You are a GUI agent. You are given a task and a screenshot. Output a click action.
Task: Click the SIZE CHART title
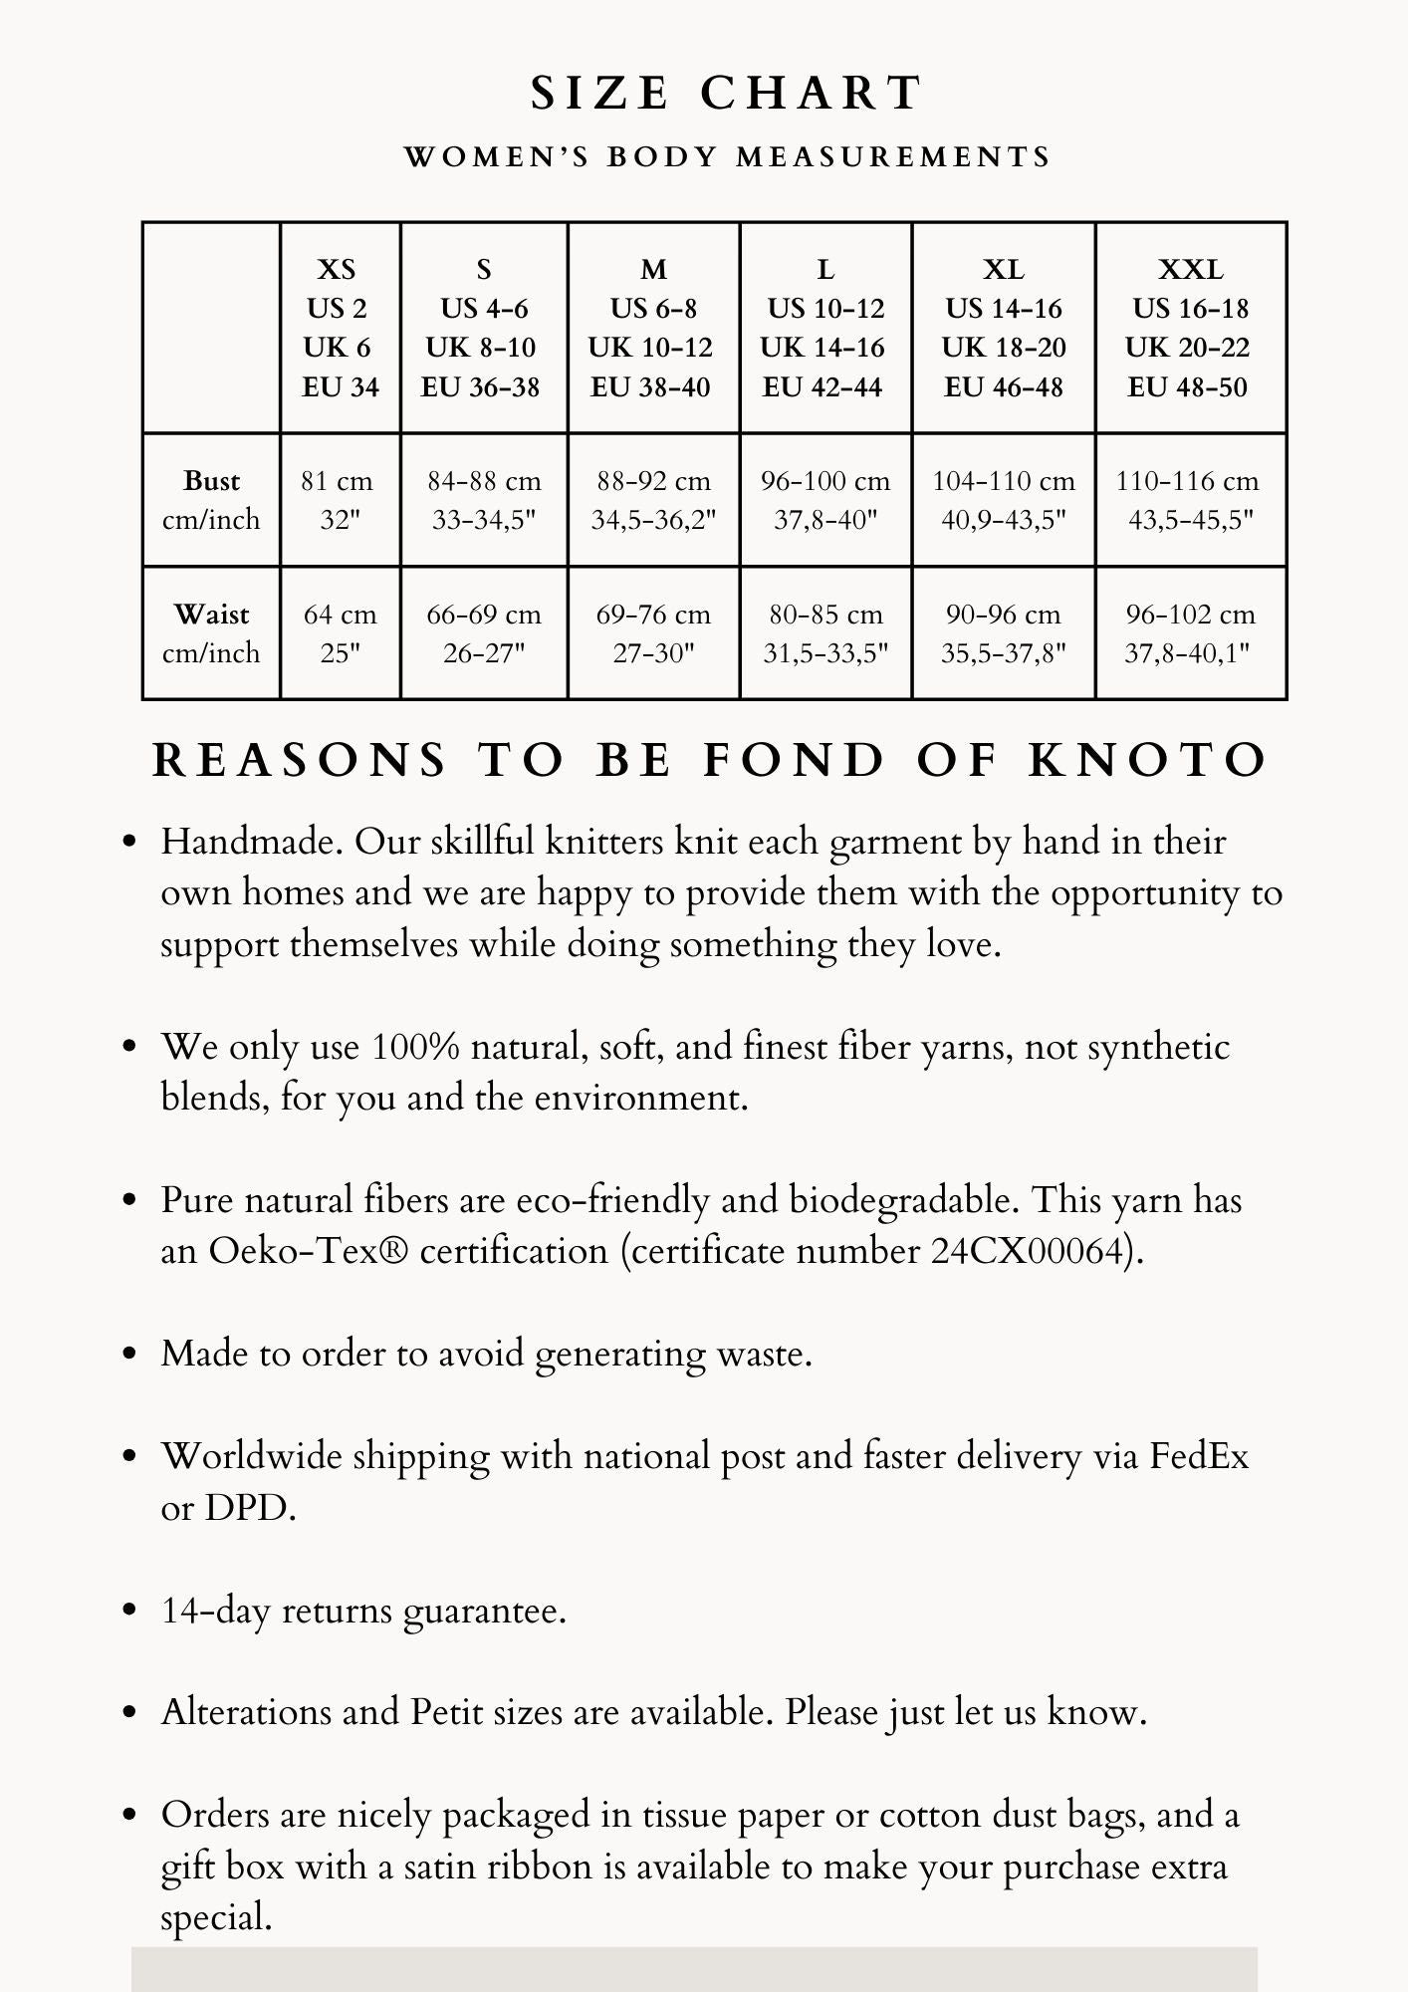click(x=727, y=94)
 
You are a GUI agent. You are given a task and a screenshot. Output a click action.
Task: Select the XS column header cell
click(x=340, y=328)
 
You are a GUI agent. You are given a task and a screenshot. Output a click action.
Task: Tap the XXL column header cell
click(x=1190, y=328)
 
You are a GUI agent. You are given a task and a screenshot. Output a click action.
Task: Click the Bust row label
click(x=211, y=500)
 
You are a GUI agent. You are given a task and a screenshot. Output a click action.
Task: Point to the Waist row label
click(x=211, y=633)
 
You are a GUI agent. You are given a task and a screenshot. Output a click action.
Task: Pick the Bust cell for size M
click(x=653, y=500)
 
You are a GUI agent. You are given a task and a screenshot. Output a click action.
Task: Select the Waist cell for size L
click(x=825, y=633)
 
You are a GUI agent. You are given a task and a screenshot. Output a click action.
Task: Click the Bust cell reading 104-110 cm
click(x=1004, y=500)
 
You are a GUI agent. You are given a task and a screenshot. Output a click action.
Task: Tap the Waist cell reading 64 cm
click(x=340, y=633)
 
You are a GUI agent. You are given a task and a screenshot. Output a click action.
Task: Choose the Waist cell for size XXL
click(x=1190, y=633)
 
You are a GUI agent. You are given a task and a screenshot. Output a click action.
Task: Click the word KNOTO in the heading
click(x=1148, y=761)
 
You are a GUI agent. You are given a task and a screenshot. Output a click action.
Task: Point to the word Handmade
click(x=253, y=843)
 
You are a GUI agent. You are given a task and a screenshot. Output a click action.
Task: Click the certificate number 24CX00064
click(x=1032, y=1251)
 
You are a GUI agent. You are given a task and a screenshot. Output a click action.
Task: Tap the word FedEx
click(x=1199, y=1456)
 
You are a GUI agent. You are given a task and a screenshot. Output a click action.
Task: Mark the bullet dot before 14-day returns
click(x=128, y=1611)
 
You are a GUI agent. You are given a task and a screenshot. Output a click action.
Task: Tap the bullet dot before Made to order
click(x=128, y=1355)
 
